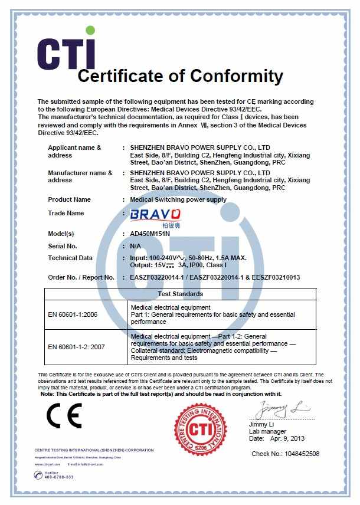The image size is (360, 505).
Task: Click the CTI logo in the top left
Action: (x=66, y=50)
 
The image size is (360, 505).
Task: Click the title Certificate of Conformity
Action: (x=181, y=76)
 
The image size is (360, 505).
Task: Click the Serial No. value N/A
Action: (x=136, y=245)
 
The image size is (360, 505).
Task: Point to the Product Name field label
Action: (x=69, y=199)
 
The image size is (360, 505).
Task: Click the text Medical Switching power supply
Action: (x=178, y=199)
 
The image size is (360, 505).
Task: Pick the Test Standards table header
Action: (x=181, y=294)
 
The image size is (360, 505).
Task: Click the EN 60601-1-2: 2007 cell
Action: (x=76, y=347)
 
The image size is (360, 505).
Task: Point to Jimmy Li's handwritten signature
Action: (x=282, y=408)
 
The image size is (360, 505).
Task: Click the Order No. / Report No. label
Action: (x=81, y=277)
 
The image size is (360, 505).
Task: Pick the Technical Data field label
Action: (x=70, y=258)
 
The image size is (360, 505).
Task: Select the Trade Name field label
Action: (x=66, y=213)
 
